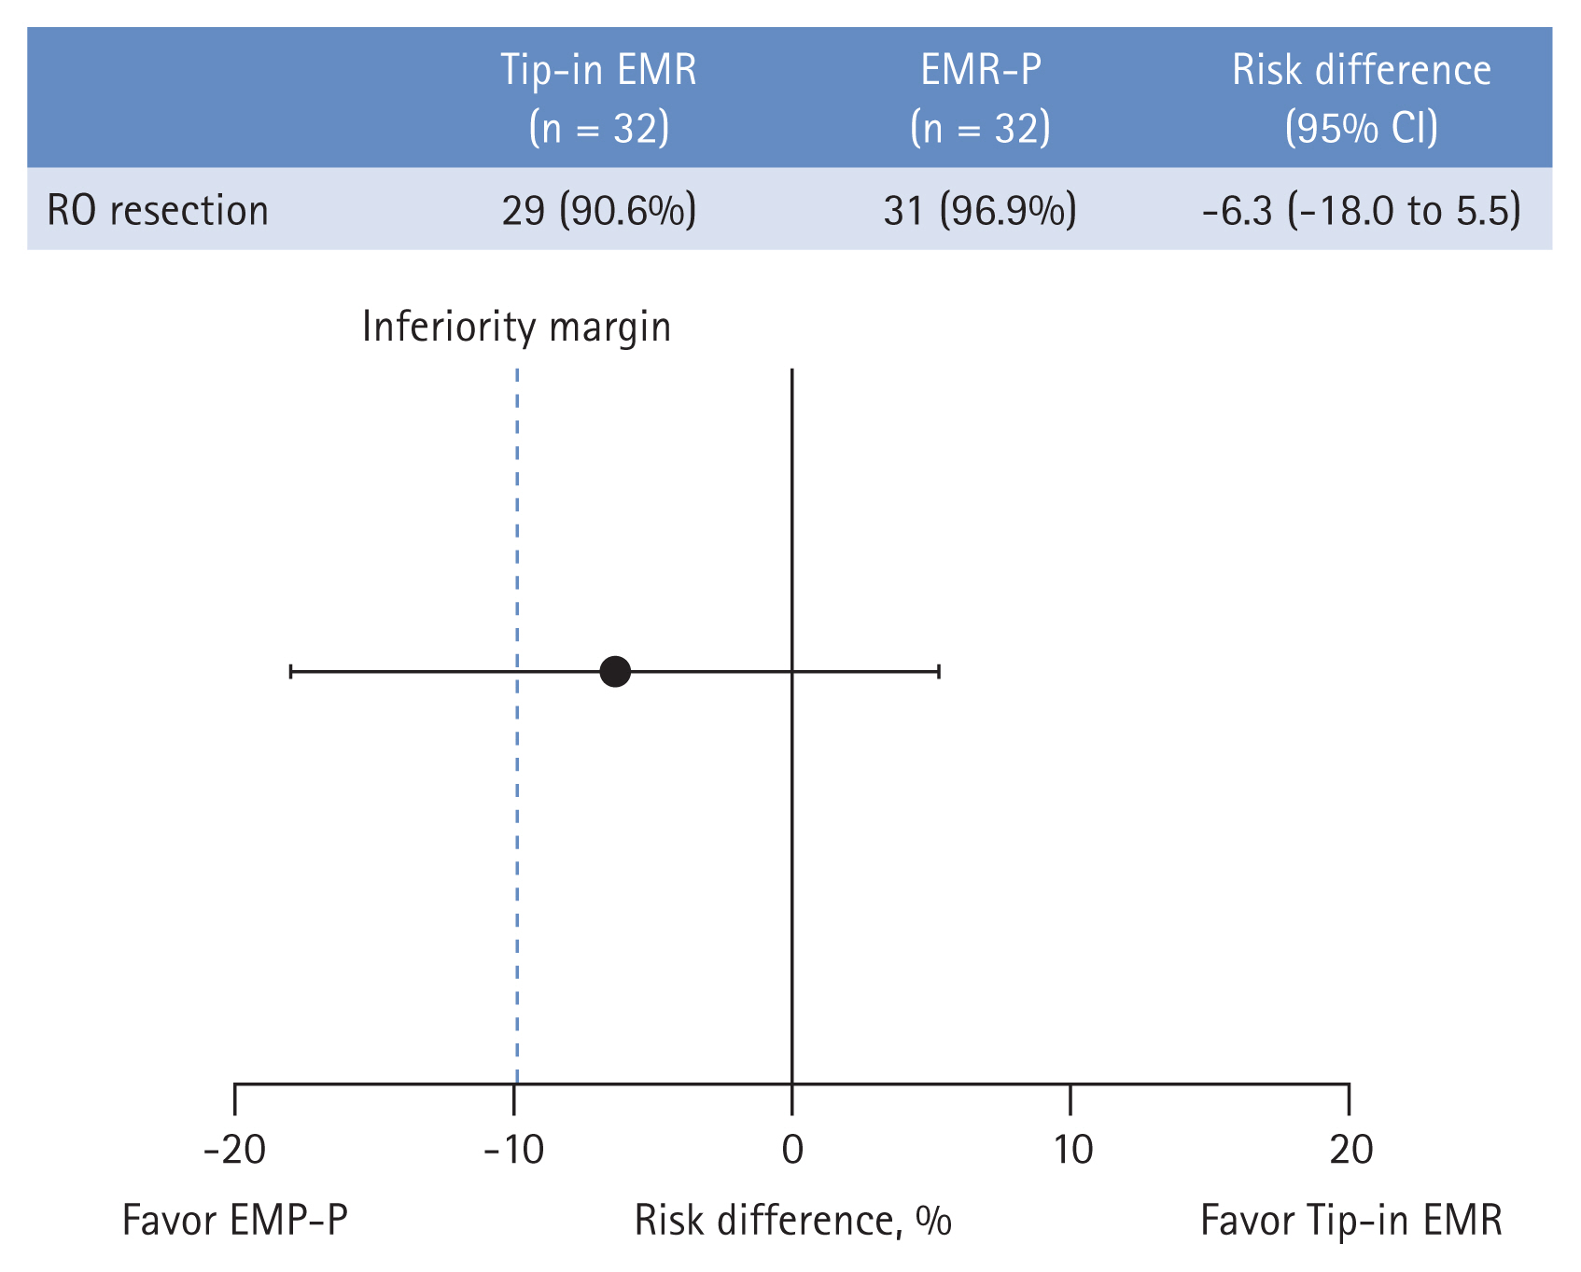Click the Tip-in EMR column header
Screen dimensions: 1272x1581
(x=598, y=98)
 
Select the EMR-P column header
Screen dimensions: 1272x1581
(x=980, y=98)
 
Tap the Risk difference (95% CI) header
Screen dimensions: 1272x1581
(x=1361, y=98)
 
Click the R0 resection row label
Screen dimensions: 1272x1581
(x=158, y=210)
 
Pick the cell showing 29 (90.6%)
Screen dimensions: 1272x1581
(x=598, y=210)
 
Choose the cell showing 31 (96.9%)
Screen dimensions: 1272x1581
(x=980, y=210)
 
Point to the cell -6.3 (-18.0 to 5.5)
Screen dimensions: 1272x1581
(x=1361, y=210)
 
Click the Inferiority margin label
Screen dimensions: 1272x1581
(x=516, y=327)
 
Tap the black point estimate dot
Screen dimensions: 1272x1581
(x=615, y=671)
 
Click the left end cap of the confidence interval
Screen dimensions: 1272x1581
(x=291, y=671)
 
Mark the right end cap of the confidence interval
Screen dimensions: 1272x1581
(x=939, y=671)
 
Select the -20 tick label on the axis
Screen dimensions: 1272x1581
(x=234, y=1150)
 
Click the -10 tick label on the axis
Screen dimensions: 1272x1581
(x=513, y=1150)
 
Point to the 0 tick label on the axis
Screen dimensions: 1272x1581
(x=791, y=1150)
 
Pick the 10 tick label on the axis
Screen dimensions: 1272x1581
(x=1072, y=1150)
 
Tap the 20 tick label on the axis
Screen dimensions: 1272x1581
(x=1350, y=1150)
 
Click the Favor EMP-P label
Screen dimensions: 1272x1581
(x=234, y=1220)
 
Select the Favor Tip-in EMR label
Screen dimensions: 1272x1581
(x=1350, y=1220)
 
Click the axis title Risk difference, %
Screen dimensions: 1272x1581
(x=792, y=1220)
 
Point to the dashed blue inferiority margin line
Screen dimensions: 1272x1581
(x=517, y=840)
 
